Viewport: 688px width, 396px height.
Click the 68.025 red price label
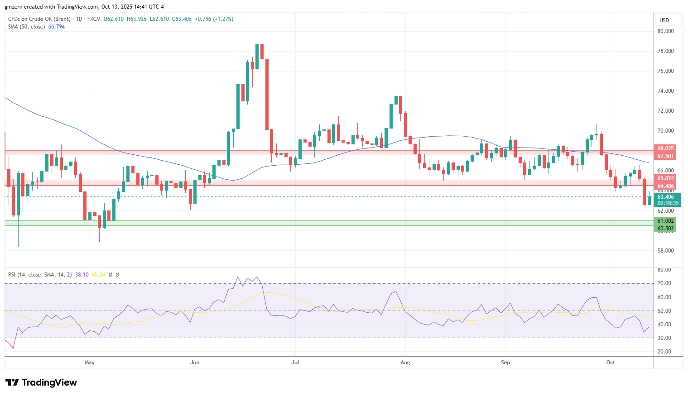pyautogui.click(x=665, y=148)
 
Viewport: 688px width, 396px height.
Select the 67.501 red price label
pyautogui.click(x=665, y=156)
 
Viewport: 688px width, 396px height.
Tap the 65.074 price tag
pyautogui.click(x=665, y=178)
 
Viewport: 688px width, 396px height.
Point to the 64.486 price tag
pyautogui.click(x=665, y=186)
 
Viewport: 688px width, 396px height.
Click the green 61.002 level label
pyautogui.click(x=665, y=221)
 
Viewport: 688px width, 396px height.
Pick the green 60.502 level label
pyautogui.click(x=665, y=229)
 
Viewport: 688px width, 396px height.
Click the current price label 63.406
pyautogui.click(x=665, y=197)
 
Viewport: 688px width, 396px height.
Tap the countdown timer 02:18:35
pyautogui.click(x=668, y=203)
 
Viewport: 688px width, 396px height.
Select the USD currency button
pyautogui.click(x=664, y=20)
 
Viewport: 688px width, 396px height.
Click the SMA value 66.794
pyautogui.click(x=57, y=27)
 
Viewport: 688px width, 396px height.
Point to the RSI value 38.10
pyautogui.click(x=82, y=274)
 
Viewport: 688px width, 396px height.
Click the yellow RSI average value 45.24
pyautogui.click(x=98, y=274)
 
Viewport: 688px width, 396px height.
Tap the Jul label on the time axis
pyautogui.click(x=295, y=362)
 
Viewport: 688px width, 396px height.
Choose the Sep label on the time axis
pyautogui.click(x=505, y=362)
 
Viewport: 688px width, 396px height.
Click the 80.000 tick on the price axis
pyautogui.click(x=665, y=31)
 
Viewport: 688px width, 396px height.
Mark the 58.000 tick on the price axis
pyautogui.click(x=665, y=250)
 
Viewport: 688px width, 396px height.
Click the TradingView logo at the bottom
pyautogui.click(x=41, y=382)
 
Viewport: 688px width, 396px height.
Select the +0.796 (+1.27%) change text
pyautogui.click(x=214, y=19)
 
